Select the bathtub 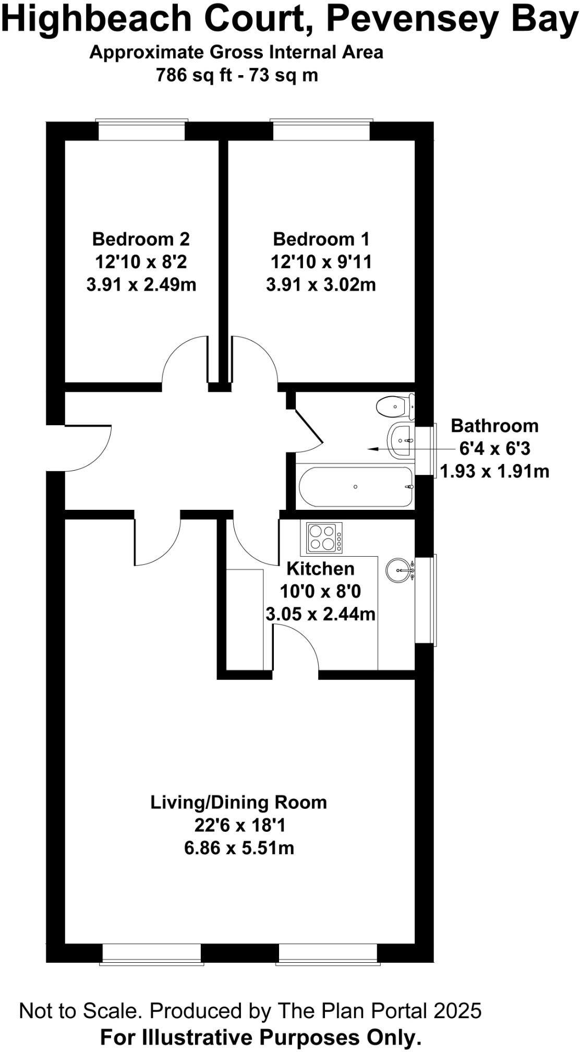point(356,486)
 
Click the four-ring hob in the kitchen point(321,537)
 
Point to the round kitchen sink point(400,570)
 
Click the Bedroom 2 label point(141,239)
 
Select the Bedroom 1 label point(321,239)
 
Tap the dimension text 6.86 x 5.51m point(239,848)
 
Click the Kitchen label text point(320,568)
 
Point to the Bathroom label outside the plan point(494,425)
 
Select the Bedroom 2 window point(142,130)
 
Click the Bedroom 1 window point(321,130)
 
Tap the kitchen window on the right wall point(426,600)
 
